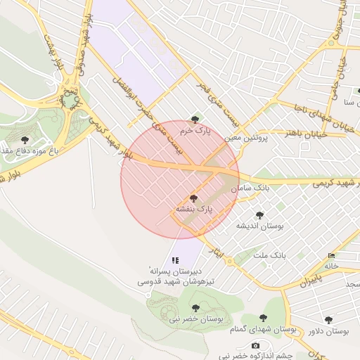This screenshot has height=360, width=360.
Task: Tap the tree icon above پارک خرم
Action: pos(195,120)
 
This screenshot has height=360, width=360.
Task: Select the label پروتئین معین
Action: pos(247,138)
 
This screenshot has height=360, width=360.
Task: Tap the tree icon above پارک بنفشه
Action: pos(194,198)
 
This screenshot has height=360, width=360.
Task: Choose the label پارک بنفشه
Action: pos(194,210)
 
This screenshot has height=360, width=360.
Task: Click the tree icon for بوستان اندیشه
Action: pos(259,215)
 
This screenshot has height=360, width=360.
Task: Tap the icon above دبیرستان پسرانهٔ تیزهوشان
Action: pos(176,260)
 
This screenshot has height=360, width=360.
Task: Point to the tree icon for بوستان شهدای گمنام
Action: pos(264,319)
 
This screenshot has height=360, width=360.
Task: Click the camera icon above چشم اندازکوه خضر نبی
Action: pos(255,345)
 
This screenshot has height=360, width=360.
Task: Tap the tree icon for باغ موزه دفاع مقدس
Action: pos(26,140)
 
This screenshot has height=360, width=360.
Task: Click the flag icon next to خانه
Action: pos(331,255)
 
